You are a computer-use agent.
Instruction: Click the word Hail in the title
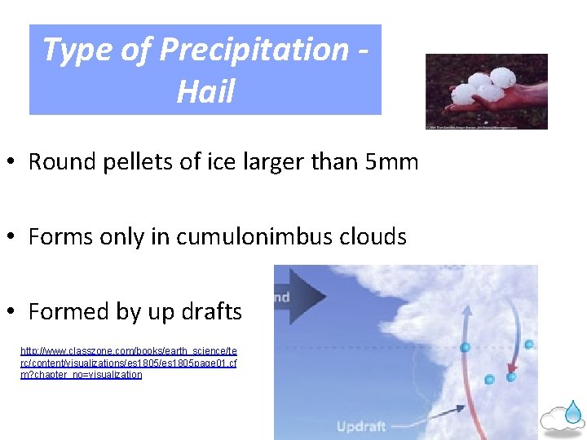coord(205,90)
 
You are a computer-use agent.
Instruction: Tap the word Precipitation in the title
coord(254,50)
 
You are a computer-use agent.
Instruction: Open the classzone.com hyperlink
coord(128,362)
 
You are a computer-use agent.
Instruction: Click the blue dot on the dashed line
coord(466,348)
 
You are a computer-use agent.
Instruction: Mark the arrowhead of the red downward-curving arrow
coord(511,376)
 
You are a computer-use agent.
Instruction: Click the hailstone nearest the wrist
coord(505,79)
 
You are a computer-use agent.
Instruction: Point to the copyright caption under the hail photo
coord(486,127)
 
